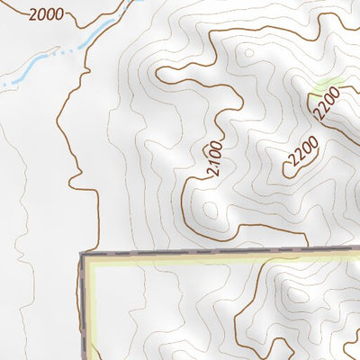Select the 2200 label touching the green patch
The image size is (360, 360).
[x=330, y=106]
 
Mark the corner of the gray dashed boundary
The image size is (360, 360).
[x=84, y=256]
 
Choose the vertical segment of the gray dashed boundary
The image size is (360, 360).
[x=83, y=306]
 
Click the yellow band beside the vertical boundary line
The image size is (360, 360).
[x=89, y=306]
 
